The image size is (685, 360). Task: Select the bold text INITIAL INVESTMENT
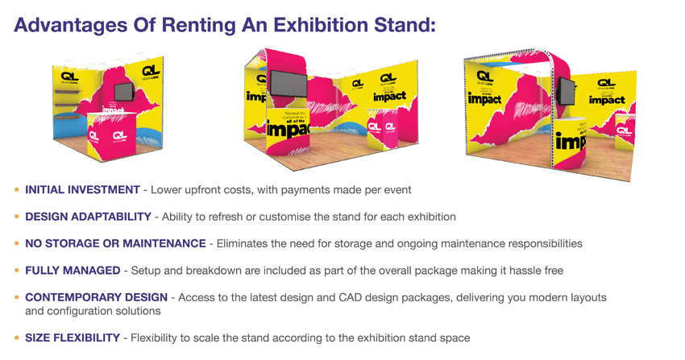pyautogui.click(x=82, y=190)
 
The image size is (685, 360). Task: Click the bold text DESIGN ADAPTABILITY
pyautogui.click(x=88, y=217)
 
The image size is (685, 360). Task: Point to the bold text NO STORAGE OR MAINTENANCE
pyautogui.click(x=115, y=243)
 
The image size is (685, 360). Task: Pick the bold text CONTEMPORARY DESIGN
pyautogui.click(x=96, y=297)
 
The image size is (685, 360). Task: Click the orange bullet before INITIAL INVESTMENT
pyautogui.click(x=17, y=190)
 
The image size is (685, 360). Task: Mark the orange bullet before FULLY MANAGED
pyautogui.click(x=17, y=271)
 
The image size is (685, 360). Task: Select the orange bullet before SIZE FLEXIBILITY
pyautogui.click(x=17, y=337)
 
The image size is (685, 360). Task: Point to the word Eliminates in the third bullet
pyautogui.click(x=241, y=243)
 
